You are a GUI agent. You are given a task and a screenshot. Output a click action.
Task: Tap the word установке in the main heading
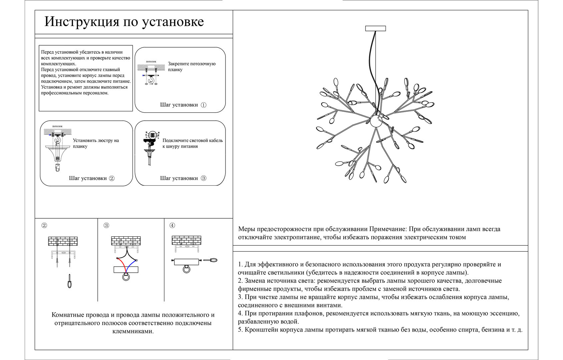(173, 22)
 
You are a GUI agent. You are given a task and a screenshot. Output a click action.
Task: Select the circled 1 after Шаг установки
(203, 105)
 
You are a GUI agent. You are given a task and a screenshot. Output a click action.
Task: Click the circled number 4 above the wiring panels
(172, 225)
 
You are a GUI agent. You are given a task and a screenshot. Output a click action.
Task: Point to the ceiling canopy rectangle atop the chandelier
(376, 28)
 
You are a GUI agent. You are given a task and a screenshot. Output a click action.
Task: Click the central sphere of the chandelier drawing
(376, 121)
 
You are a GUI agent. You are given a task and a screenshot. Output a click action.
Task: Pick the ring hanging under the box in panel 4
(186, 269)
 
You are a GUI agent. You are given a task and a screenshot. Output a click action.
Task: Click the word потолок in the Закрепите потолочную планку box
(151, 62)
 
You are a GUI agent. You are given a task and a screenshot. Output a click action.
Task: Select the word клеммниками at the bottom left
(133, 331)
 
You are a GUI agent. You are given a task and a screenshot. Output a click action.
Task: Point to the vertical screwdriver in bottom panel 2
(69, 281)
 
